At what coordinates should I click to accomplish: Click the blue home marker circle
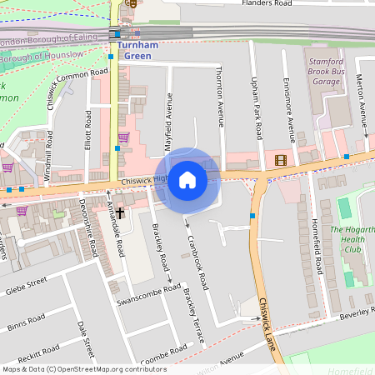(x=187, y=180)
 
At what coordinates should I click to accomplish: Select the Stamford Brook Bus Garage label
(x=325, y=72)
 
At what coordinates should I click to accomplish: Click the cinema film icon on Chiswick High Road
(x=280, y=160)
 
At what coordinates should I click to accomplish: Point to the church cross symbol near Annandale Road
(x=119, y=212)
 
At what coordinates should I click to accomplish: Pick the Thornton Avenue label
(x=221, y=97)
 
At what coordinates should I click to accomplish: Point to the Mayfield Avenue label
(x=169, y=117)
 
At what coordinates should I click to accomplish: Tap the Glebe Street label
(x=26, y=288)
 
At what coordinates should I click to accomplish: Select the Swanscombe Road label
(x=149, y=295)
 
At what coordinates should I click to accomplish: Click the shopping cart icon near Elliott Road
(x=123, y=137)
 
